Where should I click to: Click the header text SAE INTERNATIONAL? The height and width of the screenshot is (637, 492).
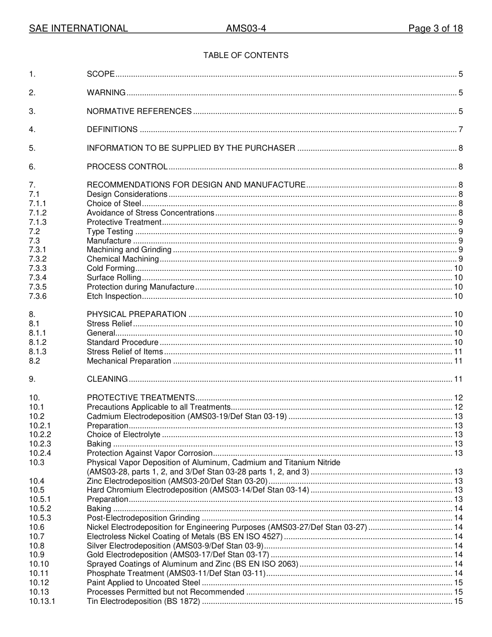[78, 29]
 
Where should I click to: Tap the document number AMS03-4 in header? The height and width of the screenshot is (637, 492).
[246, 29]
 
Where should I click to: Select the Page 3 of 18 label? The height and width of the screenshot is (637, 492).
[435, 29]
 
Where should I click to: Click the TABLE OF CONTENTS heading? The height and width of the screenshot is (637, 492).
[246, 55]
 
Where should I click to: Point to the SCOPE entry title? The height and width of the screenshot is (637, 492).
[100, 75]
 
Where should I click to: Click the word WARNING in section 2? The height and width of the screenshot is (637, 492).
[106, 93]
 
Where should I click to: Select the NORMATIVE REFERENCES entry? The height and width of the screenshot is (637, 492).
[139, 111]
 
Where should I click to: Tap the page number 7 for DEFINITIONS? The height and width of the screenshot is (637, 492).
[460, 129]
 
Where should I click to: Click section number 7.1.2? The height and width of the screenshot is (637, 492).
[38, 213]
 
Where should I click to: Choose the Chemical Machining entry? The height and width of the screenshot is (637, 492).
[123, 259]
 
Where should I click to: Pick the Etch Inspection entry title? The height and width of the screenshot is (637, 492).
[114, 296]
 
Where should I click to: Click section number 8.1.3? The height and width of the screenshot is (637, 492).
[38, 352]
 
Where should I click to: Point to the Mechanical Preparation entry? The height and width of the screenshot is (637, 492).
[129, 361]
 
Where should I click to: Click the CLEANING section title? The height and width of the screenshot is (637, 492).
[107, 379]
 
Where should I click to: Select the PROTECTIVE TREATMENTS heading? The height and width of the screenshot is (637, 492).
[141, 398]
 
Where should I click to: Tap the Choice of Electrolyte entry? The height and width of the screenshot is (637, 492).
[124, 435]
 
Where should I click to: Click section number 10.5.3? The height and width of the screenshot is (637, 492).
[40, 518]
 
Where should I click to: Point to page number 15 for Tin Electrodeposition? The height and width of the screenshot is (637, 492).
[458, 601]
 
